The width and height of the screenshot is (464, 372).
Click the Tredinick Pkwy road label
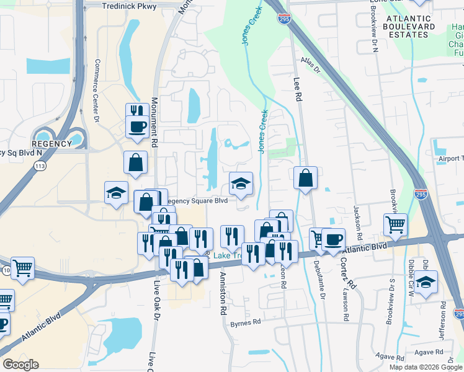(x=130, y=5)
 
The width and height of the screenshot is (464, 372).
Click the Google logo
(x=20, y=365)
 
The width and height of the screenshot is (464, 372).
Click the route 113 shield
(x=40, y=166)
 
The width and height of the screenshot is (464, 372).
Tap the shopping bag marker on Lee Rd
(x=305, y=179)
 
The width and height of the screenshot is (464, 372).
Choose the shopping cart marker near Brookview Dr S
(x=395, y=224)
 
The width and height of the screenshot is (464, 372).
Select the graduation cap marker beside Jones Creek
(x=241, y=183)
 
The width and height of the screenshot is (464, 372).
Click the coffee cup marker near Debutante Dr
(x=333, y=239)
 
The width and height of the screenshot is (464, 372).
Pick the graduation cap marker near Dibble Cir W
(x=426, y=281)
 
